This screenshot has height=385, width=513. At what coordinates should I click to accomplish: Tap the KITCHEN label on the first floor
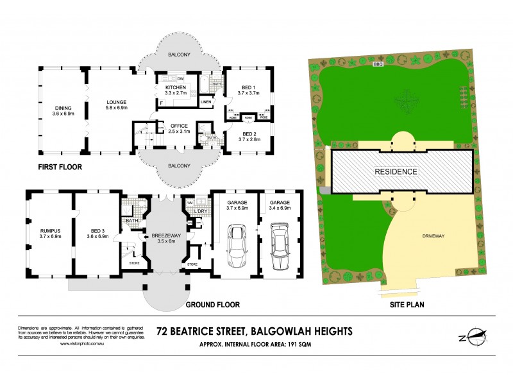click(x=176, y=87)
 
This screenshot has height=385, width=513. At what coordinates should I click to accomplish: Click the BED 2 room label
click(x=248, y=133)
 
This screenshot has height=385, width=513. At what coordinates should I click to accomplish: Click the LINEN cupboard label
click(x=206, y=102)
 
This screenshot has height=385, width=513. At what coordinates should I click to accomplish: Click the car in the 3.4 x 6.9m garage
click(x=280, y=247)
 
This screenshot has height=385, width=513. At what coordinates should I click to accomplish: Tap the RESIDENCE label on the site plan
click(x=397, y=172)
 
